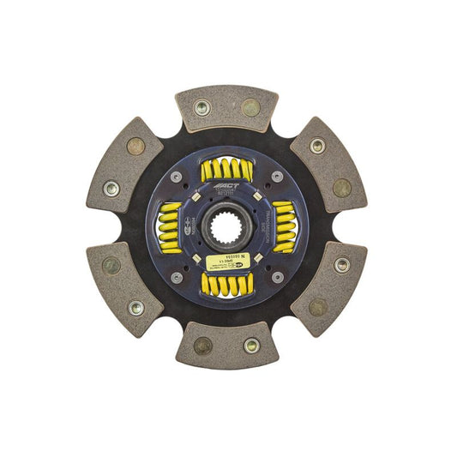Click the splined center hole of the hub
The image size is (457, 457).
pos(226,227)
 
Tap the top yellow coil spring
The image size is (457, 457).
pos(226,170)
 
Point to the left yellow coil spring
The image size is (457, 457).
pos(170,227)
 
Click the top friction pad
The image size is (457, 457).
pos(226,108)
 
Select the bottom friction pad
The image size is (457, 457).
pos(226,346)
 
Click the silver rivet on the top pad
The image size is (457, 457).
pos(203,107)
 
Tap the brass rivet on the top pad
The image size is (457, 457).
pos(250,107)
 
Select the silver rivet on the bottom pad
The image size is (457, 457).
pos(250,346)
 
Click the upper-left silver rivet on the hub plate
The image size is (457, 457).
pos(177,177)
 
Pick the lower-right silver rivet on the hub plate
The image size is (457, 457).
pos(277,278)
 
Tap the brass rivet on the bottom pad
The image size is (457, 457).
pos(203,346)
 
